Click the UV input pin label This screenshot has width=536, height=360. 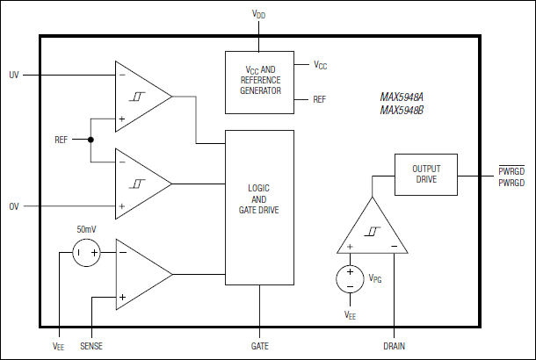click(x=13, y=76)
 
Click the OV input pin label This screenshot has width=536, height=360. click(x=13, y=207)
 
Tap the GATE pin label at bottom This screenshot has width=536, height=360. click(x=259, y=346)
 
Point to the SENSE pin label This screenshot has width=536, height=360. click(x=91, y=346)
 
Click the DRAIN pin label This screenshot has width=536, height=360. click(x=395, y=346)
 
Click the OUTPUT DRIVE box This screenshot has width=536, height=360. click(x=426, y=175)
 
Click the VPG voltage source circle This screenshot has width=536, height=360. click(x=350, y=279)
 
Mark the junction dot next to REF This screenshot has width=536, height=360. click(x=91, y=140)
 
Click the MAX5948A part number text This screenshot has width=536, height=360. click(x=402, y=98)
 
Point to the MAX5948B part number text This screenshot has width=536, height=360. click(x=402, y=111)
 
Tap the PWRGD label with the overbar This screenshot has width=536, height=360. click(x=511, y=170)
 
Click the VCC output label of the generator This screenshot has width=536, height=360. click(x=322, y=65)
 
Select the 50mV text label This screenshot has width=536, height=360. click(x=86, y=228)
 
